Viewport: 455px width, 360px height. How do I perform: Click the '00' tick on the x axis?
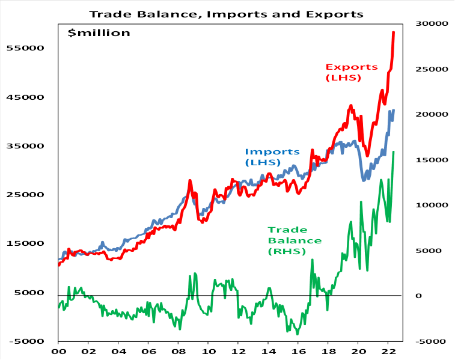tap(58, 352)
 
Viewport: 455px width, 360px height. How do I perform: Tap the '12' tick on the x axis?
tap(238, 352)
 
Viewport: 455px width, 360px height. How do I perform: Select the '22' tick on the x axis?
tap(388, 352)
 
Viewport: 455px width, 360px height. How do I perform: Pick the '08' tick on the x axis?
tap(178, 352)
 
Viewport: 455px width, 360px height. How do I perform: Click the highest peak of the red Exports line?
tap(394, 32)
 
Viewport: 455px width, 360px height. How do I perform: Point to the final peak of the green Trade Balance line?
tap(394, 151)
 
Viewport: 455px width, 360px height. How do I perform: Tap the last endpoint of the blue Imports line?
tap(394, 110)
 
